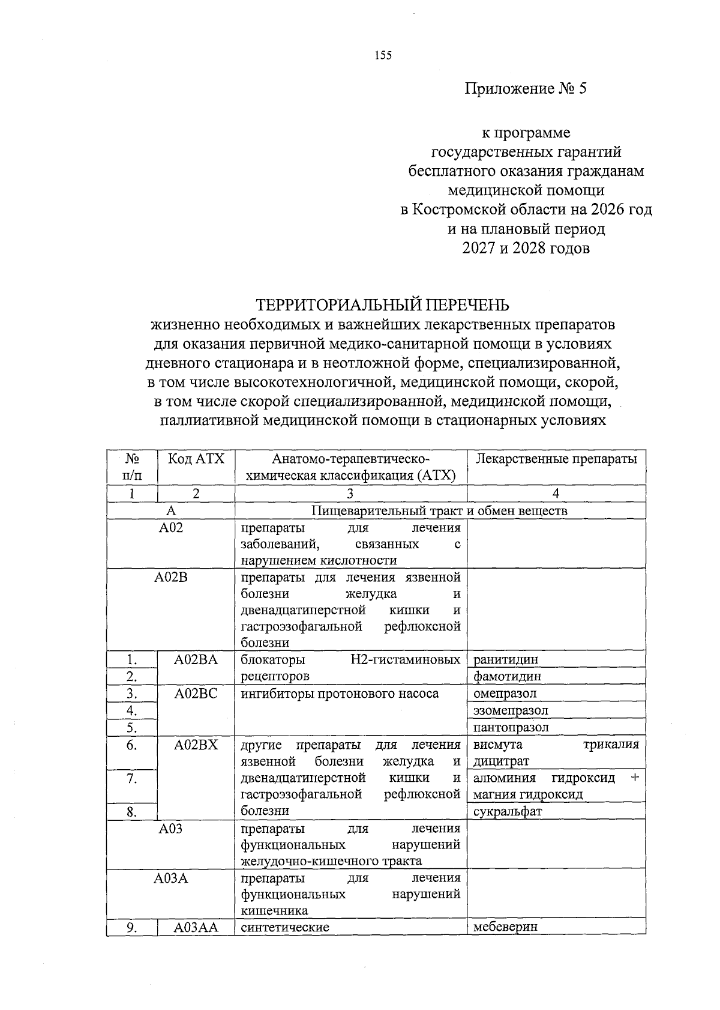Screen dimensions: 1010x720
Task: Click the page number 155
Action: pyautogui.click(x=382, y=56)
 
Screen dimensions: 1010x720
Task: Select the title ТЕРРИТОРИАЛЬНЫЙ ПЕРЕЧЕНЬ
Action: pyautogui.click(x=382, y=305)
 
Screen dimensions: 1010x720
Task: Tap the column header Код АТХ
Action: pyautogui.click(x=196, y=459)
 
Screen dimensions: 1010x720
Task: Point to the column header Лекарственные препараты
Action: pyautogui.click(x=556, y=459)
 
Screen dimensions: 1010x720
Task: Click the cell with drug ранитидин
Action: pyautogui.click(x=506, y=659)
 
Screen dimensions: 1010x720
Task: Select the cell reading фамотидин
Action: pyautogui.click(x=507, y=676)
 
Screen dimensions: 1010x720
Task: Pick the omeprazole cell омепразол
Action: pyautogui.click(x=505, y=694)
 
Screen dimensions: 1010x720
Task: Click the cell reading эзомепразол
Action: pyautogui.click(x=511, y=710)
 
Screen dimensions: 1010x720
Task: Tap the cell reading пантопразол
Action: pyautogui.click(x=511, y=727)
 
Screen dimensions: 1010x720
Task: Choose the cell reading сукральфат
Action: pyautogui.click(x=507, y=811)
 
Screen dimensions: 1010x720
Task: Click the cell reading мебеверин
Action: pyautogui.click(x=505, y=926)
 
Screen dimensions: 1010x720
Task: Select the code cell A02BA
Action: pyautogui.click(x=196, y=659)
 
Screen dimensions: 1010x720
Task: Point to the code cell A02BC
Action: pyautogui.click(x=196, y=694)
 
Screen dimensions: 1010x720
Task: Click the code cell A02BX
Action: pyautogui.click(x=196, y=745)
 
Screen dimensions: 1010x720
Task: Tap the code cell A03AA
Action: pyautogui.click(x=196, y=927)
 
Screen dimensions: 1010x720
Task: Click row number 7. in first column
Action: pyautogui.click(x=132, y=779)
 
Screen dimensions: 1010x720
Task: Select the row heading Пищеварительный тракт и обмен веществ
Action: pyautogui.click(x=439, y=511)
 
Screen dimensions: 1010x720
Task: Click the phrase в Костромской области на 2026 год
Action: pyautogui.click(x=526, y=210)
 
